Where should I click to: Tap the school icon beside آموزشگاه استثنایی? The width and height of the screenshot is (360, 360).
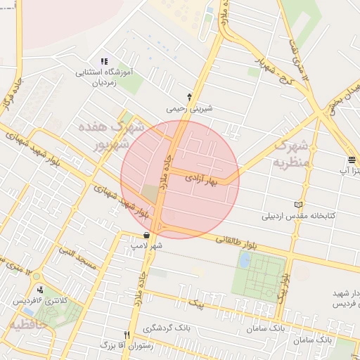(x=105, y=62)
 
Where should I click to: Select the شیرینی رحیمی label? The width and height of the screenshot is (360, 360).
(x=189, y=110)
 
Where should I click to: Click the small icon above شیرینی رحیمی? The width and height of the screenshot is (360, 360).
(x=189, y=96)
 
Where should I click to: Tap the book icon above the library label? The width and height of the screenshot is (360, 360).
(x=299, y=204)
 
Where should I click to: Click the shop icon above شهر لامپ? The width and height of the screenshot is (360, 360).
(x=146, y=236)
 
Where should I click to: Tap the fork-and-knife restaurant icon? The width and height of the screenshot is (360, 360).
(x=127, y=335)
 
